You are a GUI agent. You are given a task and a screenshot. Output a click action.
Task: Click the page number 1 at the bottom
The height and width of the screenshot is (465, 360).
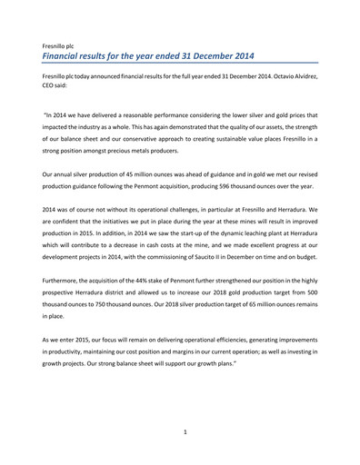185,432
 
